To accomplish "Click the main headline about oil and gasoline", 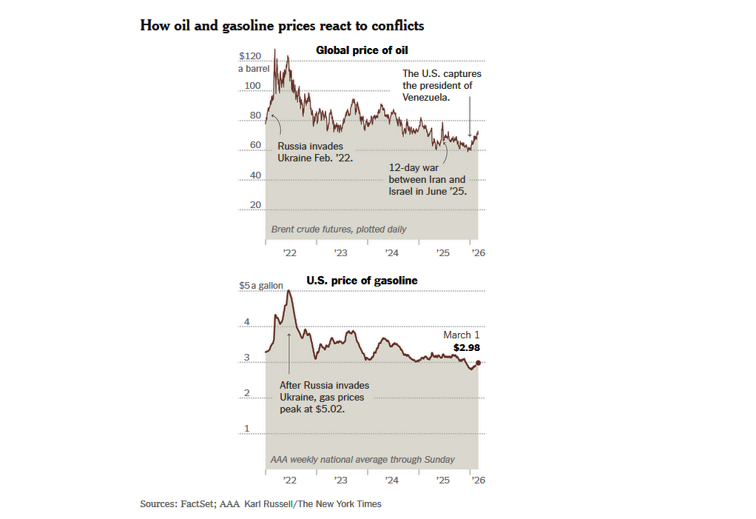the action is pos(282,26).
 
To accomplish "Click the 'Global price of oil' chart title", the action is pos(362,50).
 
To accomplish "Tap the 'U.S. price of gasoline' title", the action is pos(362,281).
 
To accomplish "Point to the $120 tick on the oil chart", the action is pos(250,56).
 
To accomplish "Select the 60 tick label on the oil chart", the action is pos(255,145).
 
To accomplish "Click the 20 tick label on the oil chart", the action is pos(255,205).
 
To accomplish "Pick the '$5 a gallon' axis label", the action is pos(261,286).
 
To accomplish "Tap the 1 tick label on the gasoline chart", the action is pos(247,429).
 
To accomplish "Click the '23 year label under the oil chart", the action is pos(340,252).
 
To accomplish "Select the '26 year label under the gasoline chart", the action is pos(479,480).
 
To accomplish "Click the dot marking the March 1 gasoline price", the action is pos(479,363).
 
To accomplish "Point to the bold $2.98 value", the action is pos(467,348).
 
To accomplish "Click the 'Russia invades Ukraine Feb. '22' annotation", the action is pos(315,152).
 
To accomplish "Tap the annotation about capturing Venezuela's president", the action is pos(442,85).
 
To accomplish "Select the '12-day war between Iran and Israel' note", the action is pos(428,179).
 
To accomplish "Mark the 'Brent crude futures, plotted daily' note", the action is pos(339,229).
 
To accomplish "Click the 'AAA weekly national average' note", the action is pos(362,460).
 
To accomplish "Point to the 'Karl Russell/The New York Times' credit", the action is pos(313,504).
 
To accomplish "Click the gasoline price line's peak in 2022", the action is pos(288,290).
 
